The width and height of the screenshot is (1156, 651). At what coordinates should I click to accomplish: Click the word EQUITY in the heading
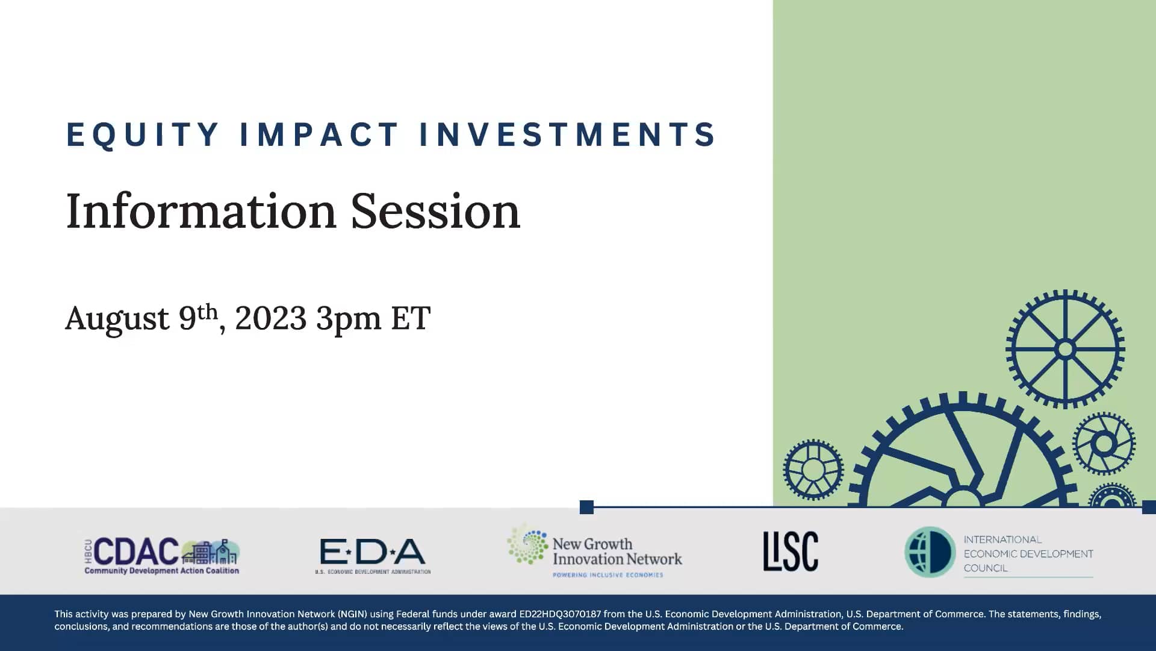142,134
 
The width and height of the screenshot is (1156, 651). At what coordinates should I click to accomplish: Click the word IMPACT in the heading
319,134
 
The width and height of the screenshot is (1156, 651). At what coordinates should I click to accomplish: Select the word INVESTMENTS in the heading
568,134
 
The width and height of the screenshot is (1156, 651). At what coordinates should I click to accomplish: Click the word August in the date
117,318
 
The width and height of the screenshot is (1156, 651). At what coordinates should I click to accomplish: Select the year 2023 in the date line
270,318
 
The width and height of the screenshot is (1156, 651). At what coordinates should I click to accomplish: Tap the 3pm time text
348,319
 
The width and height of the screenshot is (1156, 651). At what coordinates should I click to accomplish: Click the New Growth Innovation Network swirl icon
527,545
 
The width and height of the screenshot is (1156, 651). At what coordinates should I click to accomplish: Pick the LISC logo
791,551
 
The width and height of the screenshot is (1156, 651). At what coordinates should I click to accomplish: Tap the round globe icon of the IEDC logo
930,552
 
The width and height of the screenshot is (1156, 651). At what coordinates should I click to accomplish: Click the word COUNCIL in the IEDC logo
985,568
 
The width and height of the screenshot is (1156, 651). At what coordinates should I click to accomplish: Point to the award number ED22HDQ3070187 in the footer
559,614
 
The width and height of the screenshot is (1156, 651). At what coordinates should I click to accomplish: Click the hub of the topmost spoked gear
1065,349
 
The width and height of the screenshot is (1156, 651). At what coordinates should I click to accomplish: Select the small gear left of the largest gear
813,470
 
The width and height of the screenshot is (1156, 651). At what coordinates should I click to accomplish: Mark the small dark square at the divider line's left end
586,507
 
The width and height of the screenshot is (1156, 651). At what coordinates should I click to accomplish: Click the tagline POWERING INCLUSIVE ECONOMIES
608,575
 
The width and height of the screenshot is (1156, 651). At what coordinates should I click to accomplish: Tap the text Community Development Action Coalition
161,571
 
